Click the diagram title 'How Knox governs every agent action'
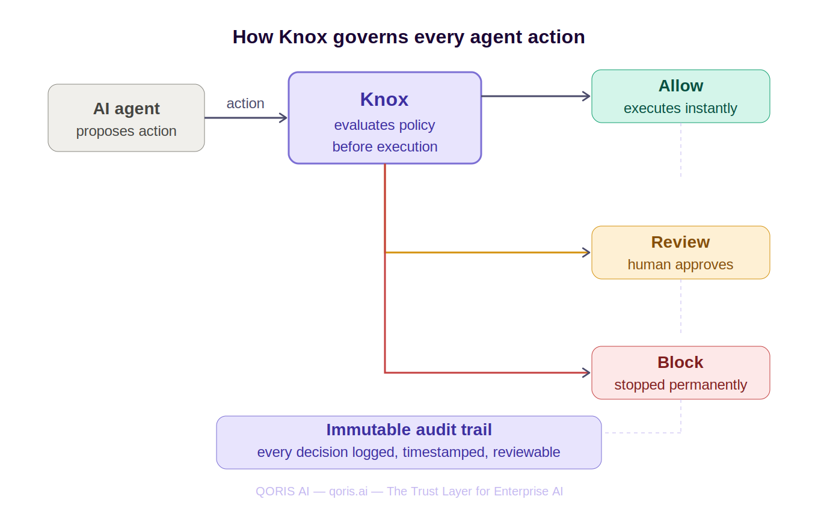408,37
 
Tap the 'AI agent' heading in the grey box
126,109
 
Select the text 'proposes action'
126,131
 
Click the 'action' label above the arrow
245,103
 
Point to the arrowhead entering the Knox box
283,118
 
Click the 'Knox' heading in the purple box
384,99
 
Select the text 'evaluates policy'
384,125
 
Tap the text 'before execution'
384,147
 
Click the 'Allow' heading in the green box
680,86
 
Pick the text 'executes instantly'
680,108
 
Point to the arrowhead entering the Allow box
586,96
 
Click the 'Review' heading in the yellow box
680,242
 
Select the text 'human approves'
680,265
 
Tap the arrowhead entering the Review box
586,252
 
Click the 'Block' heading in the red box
680,363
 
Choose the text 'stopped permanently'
680,385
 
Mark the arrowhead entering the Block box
586,373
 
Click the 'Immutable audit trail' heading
409,430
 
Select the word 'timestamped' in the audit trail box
444,452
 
